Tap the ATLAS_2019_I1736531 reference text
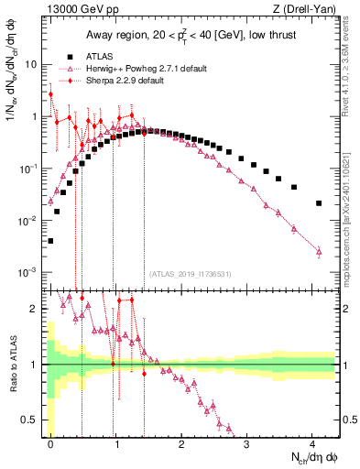[192, 273]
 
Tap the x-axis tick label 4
[312, 443]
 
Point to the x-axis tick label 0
[50, 443]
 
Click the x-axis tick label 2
[181, 443]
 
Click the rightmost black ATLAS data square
[319, 203]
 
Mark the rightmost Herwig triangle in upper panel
[319, 251]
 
